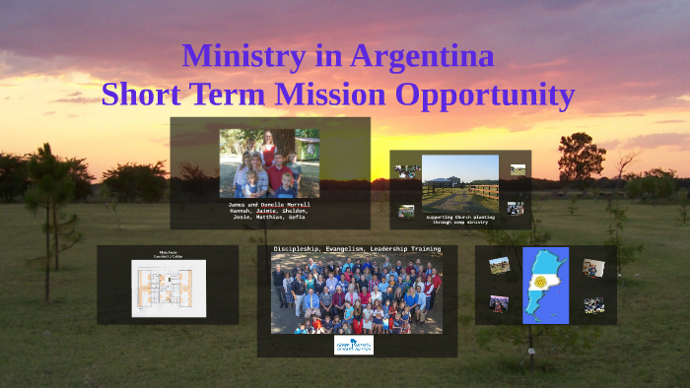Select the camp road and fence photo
(x=459, y=182)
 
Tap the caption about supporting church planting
(x=459, y=219)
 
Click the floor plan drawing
(x=169, y=288)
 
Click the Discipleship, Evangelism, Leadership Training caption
(x=357, y=249)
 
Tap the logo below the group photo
(x=353, y=345)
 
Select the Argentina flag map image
(x=545, y=285)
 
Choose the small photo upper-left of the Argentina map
(x=500, y=265)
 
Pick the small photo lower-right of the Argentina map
(x=593, y=305)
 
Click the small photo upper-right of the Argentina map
(x=592, y=267)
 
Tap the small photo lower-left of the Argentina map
(x=500, y=303)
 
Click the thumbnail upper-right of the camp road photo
(x=517, y=169)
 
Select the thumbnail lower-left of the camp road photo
(x=406, y=211)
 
